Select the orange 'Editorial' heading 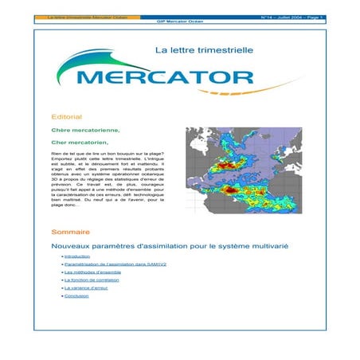(x=66, y=116)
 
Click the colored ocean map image (x=243, y=171)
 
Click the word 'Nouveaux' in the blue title (x=72, y=248)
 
